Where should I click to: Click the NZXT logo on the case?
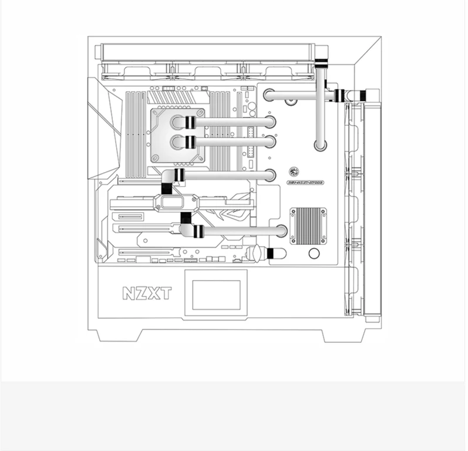pos(147,292)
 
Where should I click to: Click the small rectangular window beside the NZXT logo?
pos(212,295)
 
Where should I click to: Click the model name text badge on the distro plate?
pos(307,183)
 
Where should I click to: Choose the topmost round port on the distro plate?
pos(269,95)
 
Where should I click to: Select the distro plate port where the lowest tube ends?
pos(281,231)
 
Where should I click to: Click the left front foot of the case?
pos(117,335)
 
